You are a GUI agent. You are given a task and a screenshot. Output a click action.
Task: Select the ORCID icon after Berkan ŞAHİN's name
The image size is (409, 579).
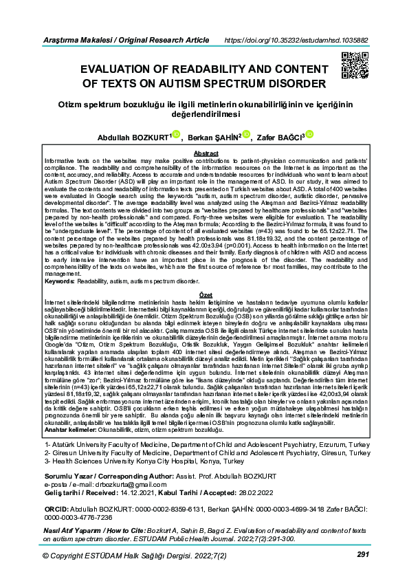(247, 135)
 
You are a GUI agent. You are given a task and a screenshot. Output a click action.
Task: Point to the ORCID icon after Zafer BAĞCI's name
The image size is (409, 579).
(309, 135)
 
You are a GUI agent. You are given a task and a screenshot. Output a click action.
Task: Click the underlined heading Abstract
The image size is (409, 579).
(206, 153)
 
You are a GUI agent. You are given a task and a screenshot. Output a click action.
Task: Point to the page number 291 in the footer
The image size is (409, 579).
(364, 554)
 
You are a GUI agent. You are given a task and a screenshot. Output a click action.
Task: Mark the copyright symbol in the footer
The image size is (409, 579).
(46, 555)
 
